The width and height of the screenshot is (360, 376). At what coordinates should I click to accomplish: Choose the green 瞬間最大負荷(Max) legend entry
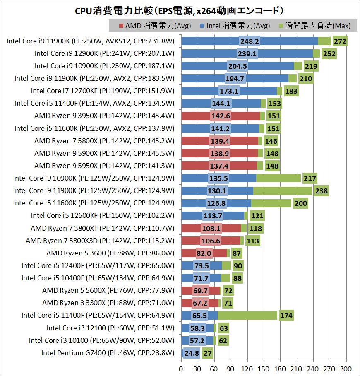[x=314, y=26]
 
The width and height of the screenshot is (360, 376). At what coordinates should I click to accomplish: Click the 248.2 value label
[x=250, y=41]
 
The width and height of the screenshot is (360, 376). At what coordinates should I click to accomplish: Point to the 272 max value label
[x=340, y=41]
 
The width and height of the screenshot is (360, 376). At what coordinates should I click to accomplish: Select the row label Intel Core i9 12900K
[x=104, y=53]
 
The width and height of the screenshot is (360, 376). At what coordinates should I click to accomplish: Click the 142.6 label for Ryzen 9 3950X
[x=221, y=116]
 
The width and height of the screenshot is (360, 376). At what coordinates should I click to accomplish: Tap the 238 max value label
[x=322, y=190]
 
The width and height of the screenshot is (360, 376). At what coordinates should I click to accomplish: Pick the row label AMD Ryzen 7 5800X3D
[x=100, y=241]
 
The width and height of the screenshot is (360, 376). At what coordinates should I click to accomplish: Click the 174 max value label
[x=286, y=316]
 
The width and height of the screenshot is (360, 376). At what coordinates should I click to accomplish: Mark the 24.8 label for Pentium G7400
[x=192, y=353]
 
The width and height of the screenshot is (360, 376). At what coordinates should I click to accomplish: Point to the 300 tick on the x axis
[x=346, y=369]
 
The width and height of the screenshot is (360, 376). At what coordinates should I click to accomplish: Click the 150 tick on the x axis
[x=264, y=369]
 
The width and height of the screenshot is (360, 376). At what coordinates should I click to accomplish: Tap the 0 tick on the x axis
[x=181, y=369]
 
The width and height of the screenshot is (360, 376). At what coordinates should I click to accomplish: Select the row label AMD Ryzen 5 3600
[x=110, y=253]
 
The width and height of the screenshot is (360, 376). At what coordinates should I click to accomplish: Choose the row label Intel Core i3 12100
[x=110, y=328]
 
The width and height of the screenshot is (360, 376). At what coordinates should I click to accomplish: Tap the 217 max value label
[x=310, y=178]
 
